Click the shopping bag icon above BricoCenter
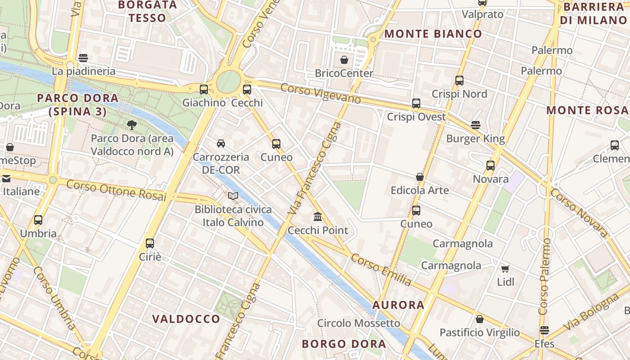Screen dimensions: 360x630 click(x=344, y=60)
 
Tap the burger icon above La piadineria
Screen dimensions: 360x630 click(x=83, y=58)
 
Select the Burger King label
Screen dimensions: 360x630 click(x=475, y=139)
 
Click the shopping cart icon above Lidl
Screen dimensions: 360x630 click(x=505, y=269)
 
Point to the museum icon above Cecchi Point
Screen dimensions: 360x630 click(x=318, y=217)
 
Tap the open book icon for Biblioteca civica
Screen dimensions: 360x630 click(x=233, y=196)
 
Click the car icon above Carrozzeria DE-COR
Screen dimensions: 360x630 click(x=221, y=144)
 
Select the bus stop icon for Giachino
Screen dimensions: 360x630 click(x=204, y=89)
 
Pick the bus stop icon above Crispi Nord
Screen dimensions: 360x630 click(x=459, y=81)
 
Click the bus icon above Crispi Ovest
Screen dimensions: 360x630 click(x=416, y=103)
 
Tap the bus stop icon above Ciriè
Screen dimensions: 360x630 click(x=150, y=243)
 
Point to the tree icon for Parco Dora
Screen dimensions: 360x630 click(x=132, y=125)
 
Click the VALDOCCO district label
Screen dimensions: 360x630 click(x=186, y=319)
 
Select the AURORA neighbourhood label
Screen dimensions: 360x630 click(x=398, y=305)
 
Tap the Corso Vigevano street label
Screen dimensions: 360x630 click(x=320, y=93)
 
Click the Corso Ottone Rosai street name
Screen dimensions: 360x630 click(x=116, y=191)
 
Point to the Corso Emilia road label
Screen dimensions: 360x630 click(x=381, y=269)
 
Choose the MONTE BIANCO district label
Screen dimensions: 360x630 click(x=433, y=34)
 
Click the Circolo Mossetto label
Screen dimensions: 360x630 click(x=358, y=323)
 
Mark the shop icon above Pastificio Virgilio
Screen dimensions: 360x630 click(x=480, y=319)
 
